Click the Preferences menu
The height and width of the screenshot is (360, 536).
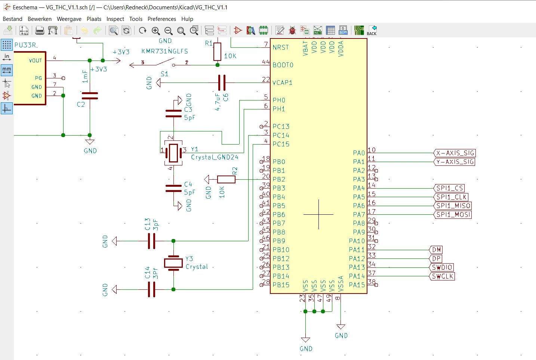162,19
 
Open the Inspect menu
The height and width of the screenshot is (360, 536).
115,19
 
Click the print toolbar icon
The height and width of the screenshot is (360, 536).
40,31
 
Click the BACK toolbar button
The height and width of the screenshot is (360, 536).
372,31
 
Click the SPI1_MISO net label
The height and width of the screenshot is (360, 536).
453,205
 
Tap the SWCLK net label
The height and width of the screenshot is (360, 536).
442,276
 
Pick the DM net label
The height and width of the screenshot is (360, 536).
436,250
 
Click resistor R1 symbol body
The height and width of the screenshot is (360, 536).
217,52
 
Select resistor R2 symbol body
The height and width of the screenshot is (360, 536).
226,179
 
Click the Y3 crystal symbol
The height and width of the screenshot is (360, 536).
173,263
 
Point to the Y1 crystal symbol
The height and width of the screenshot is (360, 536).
173,153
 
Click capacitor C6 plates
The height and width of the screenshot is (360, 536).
222,83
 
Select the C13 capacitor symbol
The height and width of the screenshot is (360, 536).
151,241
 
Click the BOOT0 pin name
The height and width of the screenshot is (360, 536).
283,65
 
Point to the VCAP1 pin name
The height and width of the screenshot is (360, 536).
282,83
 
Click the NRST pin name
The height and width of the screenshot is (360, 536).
281,47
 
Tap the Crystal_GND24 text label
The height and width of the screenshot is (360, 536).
215,157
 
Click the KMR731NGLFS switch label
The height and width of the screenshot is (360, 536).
164,51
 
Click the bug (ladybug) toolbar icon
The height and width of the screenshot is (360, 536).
292,31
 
